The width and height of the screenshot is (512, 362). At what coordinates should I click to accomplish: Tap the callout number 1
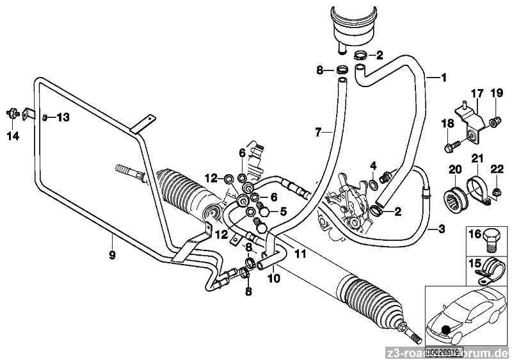point(443,78)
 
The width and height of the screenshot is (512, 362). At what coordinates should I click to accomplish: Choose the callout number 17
point(474,94)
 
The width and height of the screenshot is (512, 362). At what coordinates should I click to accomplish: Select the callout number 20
point(454,169)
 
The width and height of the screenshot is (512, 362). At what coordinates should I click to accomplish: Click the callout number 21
point(477,158)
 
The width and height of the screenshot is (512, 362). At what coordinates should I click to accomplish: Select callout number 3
point(441,228)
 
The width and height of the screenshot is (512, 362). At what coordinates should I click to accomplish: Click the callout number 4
point(373,167)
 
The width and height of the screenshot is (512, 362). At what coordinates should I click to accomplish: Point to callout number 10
point(273,279)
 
